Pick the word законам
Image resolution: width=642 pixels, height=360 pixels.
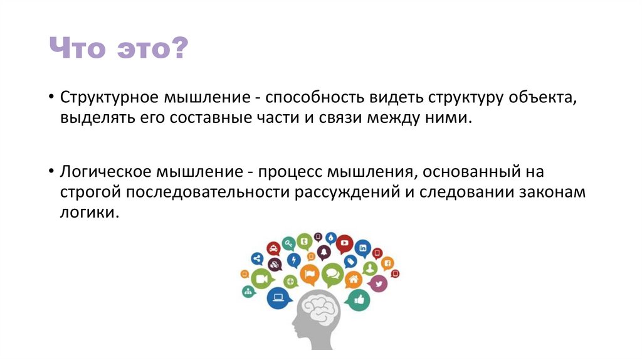click(552, 192)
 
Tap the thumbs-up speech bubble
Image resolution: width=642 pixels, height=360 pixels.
click(359, 299)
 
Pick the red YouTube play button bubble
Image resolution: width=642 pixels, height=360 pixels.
click(344, 243)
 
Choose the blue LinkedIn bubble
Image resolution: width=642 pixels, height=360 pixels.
click(362, 246)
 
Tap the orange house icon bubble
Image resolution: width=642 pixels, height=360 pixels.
click(353, 280)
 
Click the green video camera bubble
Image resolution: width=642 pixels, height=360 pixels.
click(261, 278)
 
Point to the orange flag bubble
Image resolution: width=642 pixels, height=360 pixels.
click(310, 274)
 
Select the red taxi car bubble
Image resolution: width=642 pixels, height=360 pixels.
click(273, 248)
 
